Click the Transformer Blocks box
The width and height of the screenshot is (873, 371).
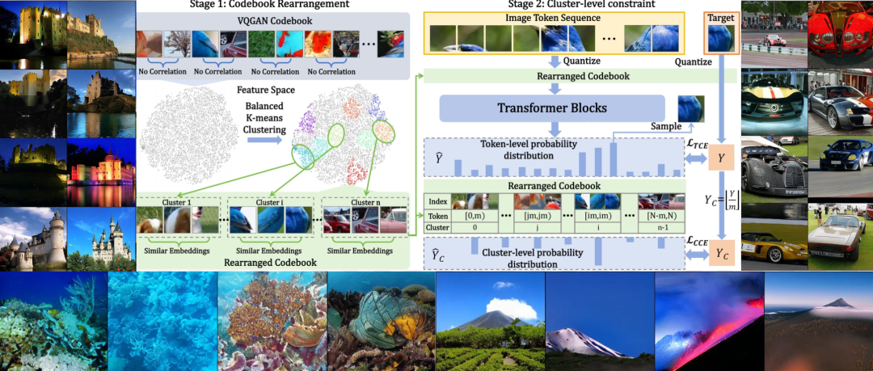(x=552, y=108)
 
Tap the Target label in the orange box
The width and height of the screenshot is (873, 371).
(x=720, y=18)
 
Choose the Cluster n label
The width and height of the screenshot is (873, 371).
(x=365, y=202)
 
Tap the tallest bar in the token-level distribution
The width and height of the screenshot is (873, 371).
(x=613, y=159)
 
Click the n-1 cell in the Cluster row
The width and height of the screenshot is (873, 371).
(x=661, y=227)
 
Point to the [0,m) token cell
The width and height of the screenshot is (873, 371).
(x=475, y=216)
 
